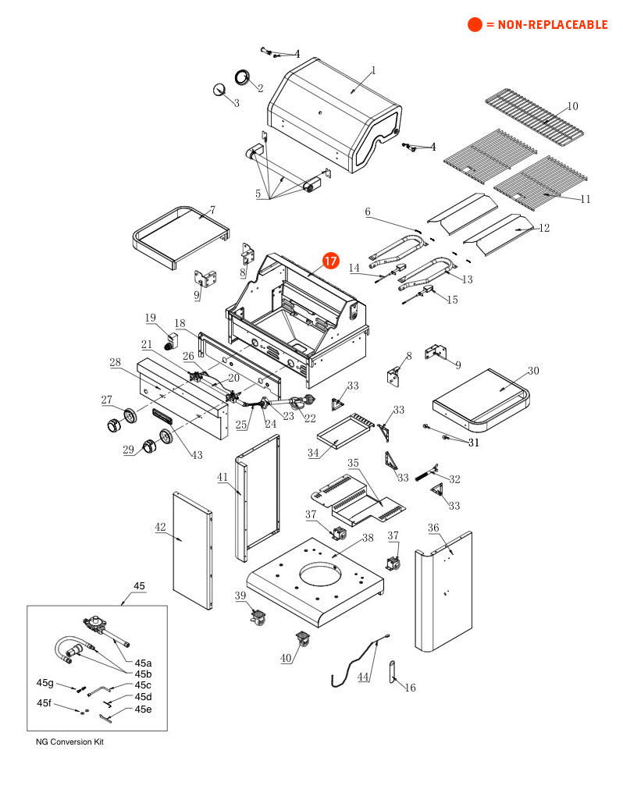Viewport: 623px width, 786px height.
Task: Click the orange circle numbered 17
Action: [330, 261]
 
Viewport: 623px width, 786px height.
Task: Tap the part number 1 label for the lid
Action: [373, 70]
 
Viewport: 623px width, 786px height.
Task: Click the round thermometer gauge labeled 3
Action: [219, 89]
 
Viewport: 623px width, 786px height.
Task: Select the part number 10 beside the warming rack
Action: [572, 106]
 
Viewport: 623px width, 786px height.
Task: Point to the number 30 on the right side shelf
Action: [533, 371]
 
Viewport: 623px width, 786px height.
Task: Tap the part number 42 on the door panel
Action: [160, 528]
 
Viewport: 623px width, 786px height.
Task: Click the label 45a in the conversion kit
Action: [144, 663]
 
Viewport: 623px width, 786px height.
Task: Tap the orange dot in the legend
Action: [475, 25]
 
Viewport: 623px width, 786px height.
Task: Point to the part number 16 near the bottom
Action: [411, 688]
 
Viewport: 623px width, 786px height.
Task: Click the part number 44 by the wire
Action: [363, 677]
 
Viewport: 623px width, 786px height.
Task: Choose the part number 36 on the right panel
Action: [433, 528]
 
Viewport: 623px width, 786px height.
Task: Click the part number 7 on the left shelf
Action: [211, 210]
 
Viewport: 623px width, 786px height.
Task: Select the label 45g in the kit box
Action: [45, 683]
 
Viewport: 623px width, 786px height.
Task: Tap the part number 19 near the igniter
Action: [150, 318]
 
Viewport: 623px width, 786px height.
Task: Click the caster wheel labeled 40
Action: [302, 642]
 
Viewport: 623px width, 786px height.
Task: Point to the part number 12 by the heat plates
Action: [545, 228]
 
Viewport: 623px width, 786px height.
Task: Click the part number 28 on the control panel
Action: [115, 362]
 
